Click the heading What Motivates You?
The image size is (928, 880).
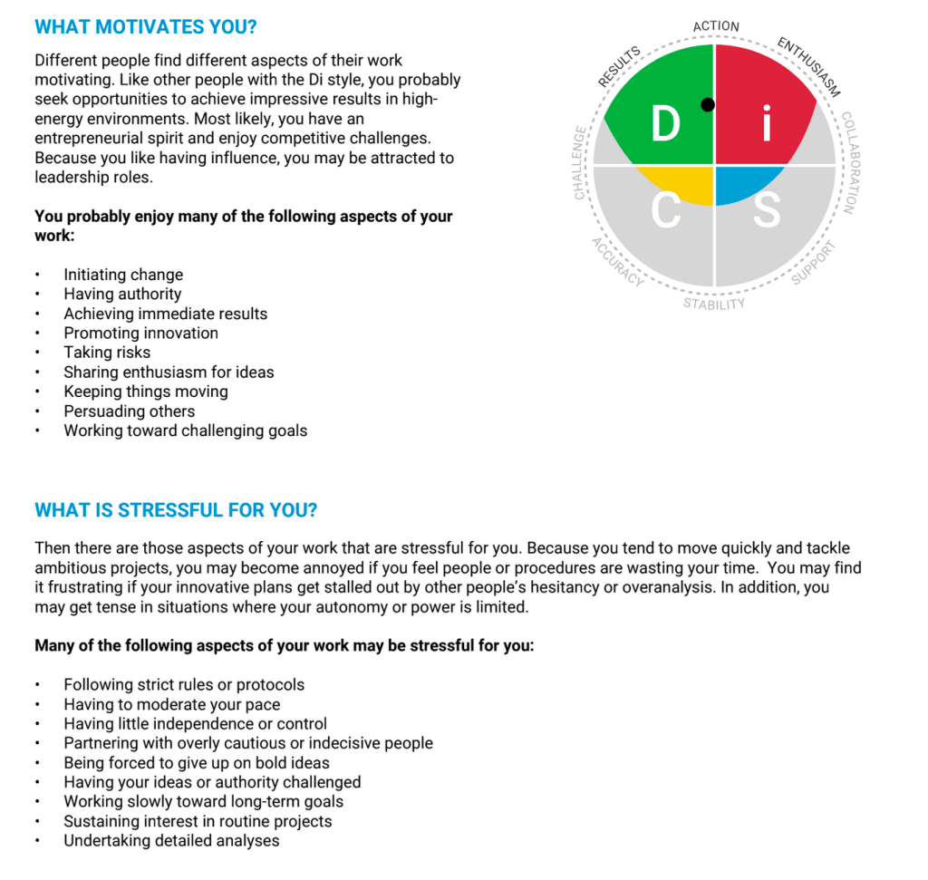pos(145,27)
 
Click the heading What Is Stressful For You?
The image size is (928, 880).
pos(176,510)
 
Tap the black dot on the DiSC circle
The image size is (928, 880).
pos(708,105)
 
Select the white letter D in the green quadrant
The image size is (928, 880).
pos(666,125)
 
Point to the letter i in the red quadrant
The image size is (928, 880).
pos(766,125)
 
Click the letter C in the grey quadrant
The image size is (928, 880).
pos(666,210)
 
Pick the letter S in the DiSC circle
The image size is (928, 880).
pos(767,210)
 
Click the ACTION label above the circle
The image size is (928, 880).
pos(716,26)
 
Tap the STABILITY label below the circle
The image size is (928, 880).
pos(714,304)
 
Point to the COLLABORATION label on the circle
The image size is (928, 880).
pos(848,163)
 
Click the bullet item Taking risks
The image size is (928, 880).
pos(107,353)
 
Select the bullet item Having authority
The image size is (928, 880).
pos(122,294)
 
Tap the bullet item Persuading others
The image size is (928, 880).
pos(129,411)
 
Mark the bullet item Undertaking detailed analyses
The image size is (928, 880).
pos(171,841)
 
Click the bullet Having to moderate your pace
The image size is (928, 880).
pos(171,705)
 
